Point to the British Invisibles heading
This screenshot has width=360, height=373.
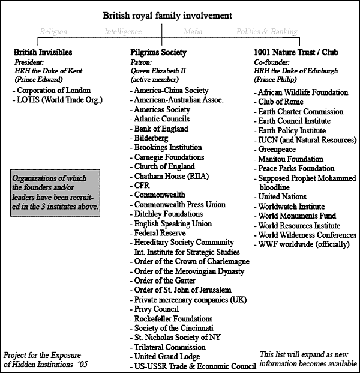pos(43,52)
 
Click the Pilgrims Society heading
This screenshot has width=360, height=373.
pos(158,52)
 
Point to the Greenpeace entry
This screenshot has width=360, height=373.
pos(277,150)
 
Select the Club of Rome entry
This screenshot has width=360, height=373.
pos(280,102)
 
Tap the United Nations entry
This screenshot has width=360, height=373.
pos(282,197)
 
